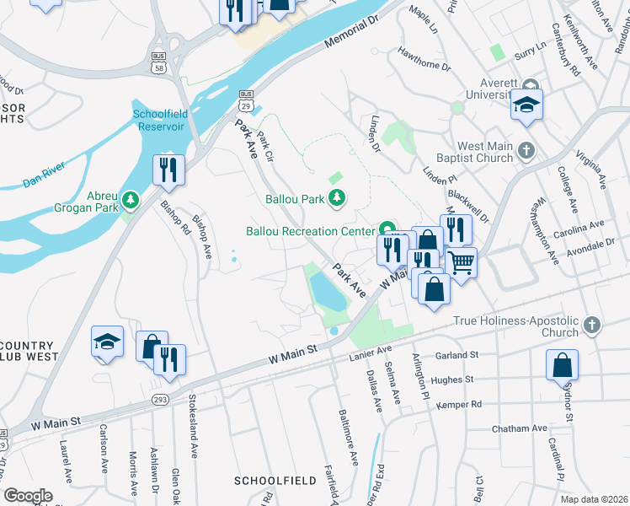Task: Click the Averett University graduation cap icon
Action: (526, 104)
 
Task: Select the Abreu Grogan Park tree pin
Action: (131, 200)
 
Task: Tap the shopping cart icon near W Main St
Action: (461, 262)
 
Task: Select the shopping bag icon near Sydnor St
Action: (562, 365)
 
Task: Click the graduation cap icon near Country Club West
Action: (107, 341)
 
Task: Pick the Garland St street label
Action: (457, 355)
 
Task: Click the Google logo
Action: (28, 495)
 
